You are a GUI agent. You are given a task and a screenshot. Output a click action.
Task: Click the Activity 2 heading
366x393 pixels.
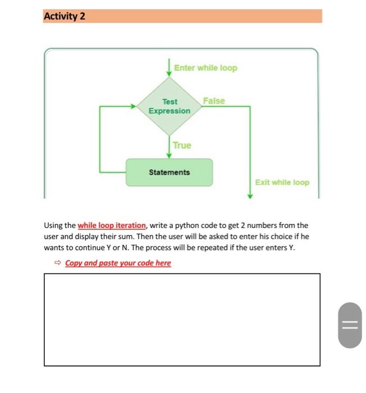point(65,16)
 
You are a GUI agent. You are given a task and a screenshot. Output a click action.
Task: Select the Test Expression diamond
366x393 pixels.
point(169,106)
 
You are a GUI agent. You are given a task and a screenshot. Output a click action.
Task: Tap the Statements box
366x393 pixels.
point(169,172)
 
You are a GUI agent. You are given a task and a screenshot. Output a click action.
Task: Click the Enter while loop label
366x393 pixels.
point(205,68)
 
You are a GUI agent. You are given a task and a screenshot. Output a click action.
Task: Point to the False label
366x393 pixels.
point(213,101)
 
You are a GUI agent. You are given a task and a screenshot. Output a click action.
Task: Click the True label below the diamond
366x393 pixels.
point(182,145)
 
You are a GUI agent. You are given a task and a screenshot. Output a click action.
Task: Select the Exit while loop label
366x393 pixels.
point(282,182)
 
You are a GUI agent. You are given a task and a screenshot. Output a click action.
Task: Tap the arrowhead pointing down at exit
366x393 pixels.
point(250,195)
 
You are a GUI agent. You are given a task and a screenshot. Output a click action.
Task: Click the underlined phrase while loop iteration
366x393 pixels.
point(112,226)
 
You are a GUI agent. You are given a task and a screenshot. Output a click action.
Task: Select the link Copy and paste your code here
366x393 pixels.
point(118,263)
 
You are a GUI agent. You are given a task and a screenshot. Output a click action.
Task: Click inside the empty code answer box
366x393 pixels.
point(182,319)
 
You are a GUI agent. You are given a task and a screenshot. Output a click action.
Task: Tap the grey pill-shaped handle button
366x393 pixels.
point(350,325)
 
